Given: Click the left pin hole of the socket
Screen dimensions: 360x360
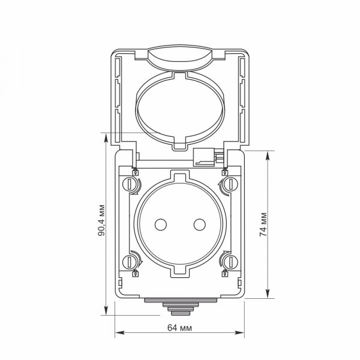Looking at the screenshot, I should [160, 224].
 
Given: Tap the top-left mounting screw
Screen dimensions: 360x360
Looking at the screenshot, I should [132, 184].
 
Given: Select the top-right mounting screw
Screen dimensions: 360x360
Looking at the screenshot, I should [228, 184].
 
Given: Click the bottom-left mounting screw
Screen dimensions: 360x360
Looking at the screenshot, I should [132, 262].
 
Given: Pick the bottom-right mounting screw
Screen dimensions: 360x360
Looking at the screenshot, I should [228, 262].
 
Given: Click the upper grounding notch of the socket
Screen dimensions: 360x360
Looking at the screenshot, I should [180, 177].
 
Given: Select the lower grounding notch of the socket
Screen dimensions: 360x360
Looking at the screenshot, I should [180, 272].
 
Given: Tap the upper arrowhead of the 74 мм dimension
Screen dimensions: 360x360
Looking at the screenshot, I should [268, 154].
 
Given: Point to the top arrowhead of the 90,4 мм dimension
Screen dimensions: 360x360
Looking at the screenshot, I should [106, 137].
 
